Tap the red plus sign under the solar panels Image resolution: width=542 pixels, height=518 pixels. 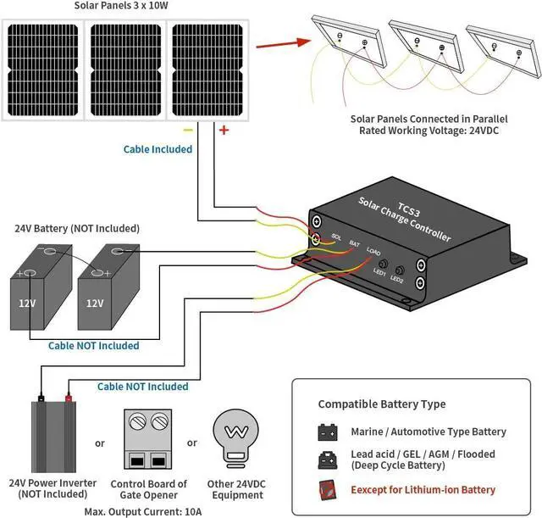(224, 130)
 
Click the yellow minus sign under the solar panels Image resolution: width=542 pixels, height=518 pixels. (189, 131)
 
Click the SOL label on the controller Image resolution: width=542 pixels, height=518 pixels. (336, 237)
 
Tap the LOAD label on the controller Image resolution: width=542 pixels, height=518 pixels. (373, 251)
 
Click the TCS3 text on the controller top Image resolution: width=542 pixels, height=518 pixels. (408, 209)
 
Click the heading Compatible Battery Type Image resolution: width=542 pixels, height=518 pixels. (381, 404)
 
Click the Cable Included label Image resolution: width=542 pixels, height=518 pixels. (158, 149)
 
